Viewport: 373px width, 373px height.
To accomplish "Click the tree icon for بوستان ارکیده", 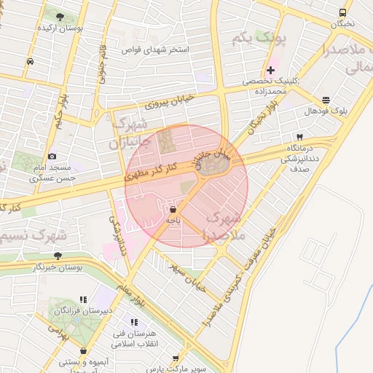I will point(59,17).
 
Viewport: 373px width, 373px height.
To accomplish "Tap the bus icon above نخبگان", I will point(342,12).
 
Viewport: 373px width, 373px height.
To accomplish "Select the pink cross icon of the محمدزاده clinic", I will point(270,71).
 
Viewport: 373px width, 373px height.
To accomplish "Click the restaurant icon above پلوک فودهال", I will point(325,100).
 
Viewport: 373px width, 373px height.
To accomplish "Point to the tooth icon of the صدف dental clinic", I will point(299,137).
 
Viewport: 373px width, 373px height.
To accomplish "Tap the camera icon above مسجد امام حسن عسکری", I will point(52,156).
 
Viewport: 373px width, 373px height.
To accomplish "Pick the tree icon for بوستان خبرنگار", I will point(58,255).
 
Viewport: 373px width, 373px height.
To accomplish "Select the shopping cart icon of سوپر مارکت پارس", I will point(176,358).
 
